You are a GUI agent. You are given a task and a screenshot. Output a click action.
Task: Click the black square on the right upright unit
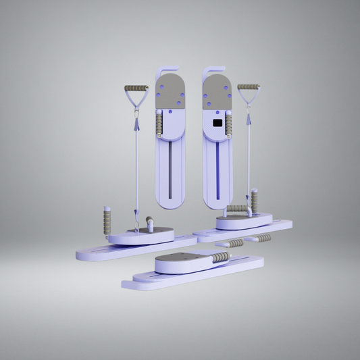tap(217, 122)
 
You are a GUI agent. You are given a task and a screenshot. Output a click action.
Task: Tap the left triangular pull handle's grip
tap(136, 88)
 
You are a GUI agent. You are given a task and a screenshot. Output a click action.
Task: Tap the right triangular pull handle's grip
tap(248, 87)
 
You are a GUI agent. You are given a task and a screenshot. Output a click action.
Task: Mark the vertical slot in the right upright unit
tap(217, 169)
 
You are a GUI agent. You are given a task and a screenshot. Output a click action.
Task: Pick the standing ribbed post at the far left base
tap(106, 221)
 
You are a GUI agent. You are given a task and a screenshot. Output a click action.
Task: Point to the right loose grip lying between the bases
tap(261, 238)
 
